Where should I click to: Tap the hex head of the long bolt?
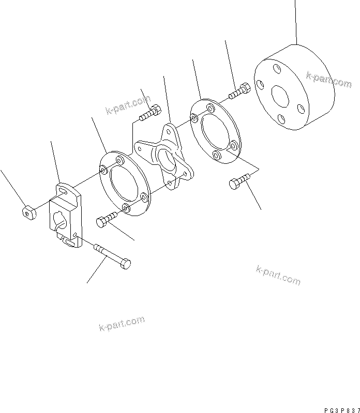pos(125,264)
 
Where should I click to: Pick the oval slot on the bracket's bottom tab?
pos(69,240)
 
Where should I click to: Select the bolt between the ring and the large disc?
pos(239,93)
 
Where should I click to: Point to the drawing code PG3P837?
pos(341,409)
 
